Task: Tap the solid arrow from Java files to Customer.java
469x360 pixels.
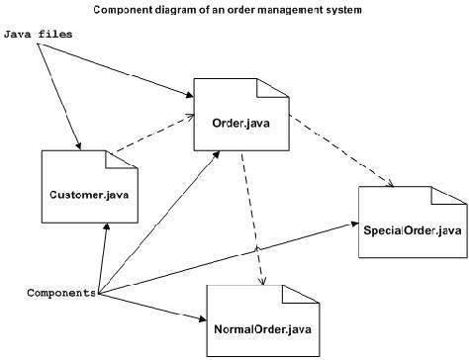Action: coord(58,95)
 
